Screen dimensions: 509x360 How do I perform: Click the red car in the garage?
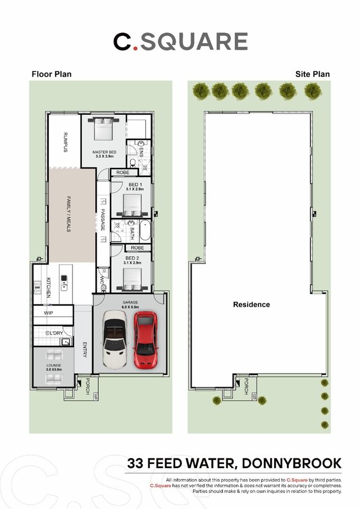(x=145, y=341)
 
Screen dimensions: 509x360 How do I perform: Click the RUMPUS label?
(x=66, y=142)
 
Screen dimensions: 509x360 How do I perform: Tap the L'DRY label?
(x=55, y=333)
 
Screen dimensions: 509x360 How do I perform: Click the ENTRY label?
(x=85, y=350)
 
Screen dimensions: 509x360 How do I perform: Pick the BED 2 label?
(x=134, y=258)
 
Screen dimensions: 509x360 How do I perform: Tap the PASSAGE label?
(x=103, y=220)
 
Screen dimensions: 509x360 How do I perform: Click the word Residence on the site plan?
(x=252, y=305)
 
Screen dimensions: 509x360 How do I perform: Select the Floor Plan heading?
(x=52, y=74)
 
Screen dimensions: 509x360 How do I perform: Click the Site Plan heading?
(x=313, y=74)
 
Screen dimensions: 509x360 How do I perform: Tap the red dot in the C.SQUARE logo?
(x=134, y=49)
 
